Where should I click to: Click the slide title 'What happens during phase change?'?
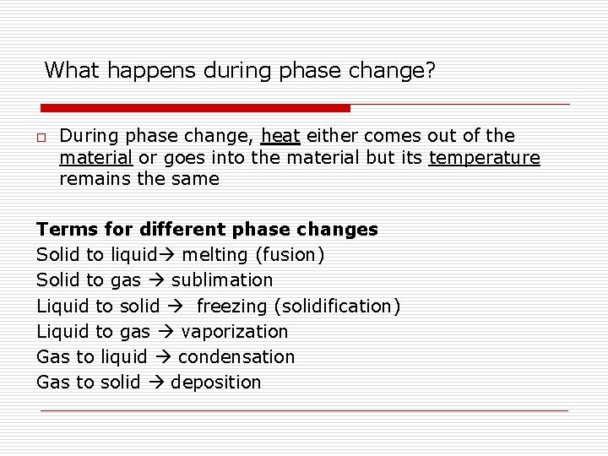(240, 70)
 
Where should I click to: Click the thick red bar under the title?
(195, 108)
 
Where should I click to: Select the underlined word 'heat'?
(281, 136)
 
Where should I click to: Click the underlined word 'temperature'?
(484, 158)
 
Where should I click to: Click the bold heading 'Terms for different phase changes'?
(207, 230)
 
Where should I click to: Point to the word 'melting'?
(216, 255)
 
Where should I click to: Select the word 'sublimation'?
(222, 280)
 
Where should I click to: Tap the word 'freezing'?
(233, 306)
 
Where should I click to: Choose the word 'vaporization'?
(234, 332)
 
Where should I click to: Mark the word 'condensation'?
(236, 357)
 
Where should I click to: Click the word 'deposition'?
(216, 383)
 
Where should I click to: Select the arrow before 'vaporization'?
(166, 332)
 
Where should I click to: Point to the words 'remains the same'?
(138, 179)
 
